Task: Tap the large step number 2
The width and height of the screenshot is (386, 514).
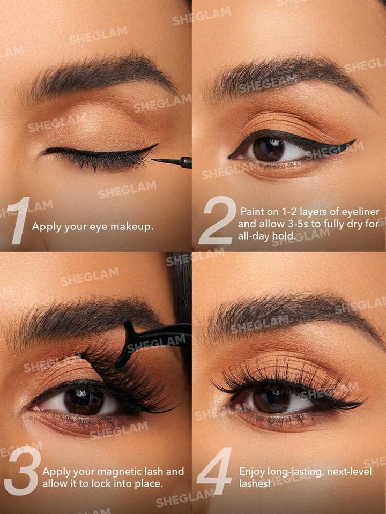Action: pyautogui.click(x=218, y=221)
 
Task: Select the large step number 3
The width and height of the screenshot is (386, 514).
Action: pyautogui.click(x=23, y=471)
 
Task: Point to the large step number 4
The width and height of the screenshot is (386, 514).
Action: pyautogui.click(x=214, y=471)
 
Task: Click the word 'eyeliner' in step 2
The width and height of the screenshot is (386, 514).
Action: pyautogui.click(x=362, y=212)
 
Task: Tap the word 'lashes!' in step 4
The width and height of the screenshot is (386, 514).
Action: pyautogui.click(x=255, y=483)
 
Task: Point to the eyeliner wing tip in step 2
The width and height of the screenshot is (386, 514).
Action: pyautogui.click(x=355, y=140)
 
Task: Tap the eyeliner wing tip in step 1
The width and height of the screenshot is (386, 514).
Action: pyautogui.click(x=158, y=144)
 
